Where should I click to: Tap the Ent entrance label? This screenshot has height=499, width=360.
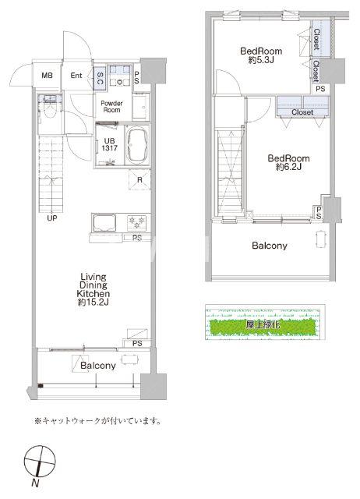tap(77, 76)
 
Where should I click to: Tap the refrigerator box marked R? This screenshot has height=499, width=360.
tap(139, 182)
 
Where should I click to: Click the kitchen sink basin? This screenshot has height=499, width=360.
tap(104, 222)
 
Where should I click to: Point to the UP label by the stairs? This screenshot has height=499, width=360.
tap(53, 218)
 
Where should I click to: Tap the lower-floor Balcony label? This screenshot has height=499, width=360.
tap(98, 365)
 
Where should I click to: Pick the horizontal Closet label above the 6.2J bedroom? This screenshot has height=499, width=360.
tap(302, 112)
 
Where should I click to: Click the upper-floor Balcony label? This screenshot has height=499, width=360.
tap(269, 246)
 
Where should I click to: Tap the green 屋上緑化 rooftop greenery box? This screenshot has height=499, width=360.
tap(263, 321)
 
